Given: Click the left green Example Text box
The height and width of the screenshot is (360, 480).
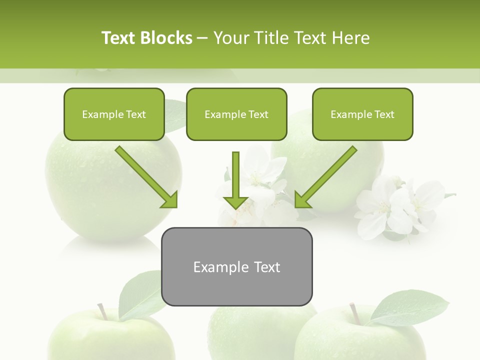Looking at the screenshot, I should (x=114, y=114).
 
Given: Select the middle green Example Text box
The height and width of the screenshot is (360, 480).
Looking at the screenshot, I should (x=236, y=114).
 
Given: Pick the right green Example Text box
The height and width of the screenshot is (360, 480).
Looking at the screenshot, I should (x=362, y=114).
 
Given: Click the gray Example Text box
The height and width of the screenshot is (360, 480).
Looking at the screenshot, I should (x=236, y=267).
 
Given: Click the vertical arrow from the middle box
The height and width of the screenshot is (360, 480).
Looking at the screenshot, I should (x=236, y=175).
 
